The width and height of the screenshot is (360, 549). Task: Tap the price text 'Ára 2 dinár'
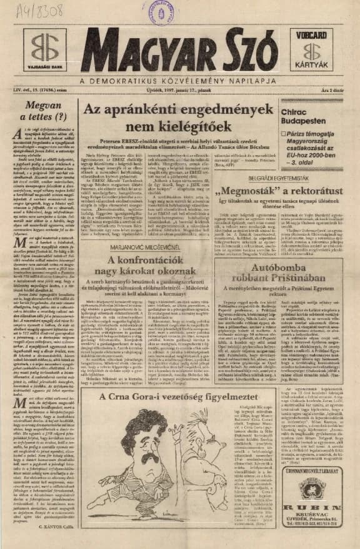pyautogui.click(x=337, y=92)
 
